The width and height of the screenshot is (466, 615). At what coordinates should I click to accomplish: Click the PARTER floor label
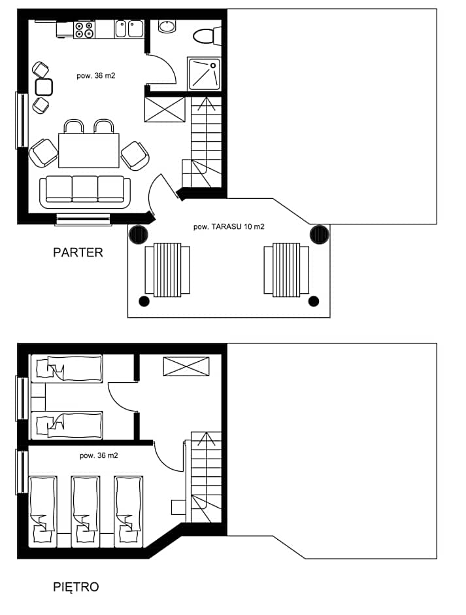pyautogui.click(x=78, y=252)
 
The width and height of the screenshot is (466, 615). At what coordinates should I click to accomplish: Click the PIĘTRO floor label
pyautogui.click(x=76, y=587)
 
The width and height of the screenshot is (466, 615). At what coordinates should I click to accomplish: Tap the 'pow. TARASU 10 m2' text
pyautogui.click(x=229, y=227)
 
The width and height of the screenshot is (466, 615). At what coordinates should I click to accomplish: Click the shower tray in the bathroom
pyautogui.click(x=204, y=74)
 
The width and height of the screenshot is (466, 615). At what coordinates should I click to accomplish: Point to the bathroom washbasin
pyautogui.click(x=167, y=26)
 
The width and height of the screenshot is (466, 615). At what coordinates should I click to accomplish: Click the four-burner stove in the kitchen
pyautogui.click(x=84, y=30)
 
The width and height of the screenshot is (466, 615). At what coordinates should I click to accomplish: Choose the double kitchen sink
pyautogui.click(x=129, y=29)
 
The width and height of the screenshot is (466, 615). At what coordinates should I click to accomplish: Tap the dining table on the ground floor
pyautogui.click(x=89, y=150)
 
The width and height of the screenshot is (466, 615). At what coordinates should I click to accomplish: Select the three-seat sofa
pyautogui.click(x=85, y=192)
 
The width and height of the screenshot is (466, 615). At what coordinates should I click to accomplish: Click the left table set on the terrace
pyautogui.click(x=167, y=270)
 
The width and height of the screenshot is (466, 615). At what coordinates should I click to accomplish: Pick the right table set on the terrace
pyautogui.click(x=286, y=270)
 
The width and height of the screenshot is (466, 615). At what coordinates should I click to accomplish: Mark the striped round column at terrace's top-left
pyautogui.click(x=139, y=235)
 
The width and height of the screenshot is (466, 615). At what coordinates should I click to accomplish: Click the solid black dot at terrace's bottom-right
pyautogui.click(x=314, y=301)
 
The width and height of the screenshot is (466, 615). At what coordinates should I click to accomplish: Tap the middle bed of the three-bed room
pyautogui.click(x=86, y=512)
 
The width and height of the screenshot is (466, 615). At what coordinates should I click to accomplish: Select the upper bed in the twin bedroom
pyautogui.click(x=67, y=368)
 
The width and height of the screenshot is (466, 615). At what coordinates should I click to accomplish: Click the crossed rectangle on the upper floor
pyautogui.click(x=186, y=366)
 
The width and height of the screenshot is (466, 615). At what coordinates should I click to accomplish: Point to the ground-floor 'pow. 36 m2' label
pyautogui.click(x=96, y=76)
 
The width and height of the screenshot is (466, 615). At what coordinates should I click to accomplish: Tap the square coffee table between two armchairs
pyautogui.click(x=44, y=87)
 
